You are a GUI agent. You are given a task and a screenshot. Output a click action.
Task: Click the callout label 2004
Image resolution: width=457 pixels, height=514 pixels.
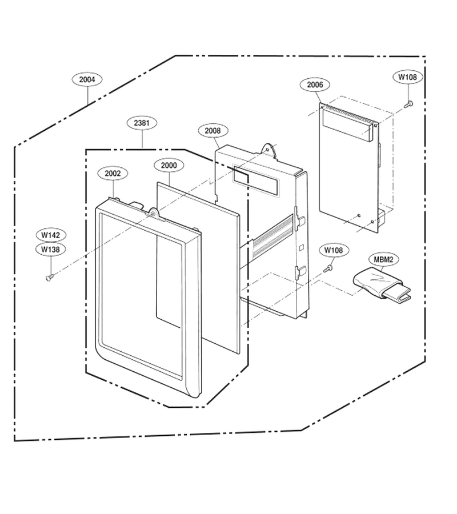tap(87, 79)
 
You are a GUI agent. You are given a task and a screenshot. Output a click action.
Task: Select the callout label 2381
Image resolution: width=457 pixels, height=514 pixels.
tap(142, 123)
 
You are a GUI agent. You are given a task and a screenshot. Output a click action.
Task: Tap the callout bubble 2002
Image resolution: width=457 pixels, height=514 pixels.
tap(113, 174)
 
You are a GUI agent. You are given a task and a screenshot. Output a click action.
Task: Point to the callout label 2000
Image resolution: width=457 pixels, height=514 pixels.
tap(169, 165)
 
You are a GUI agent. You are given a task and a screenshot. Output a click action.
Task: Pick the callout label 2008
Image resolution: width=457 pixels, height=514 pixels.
tap(213, 131)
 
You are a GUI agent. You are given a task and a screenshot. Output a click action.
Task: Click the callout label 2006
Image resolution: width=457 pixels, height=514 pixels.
tap(315, 85)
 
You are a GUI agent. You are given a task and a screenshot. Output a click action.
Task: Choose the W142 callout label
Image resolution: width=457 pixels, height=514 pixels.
tap(50, 235)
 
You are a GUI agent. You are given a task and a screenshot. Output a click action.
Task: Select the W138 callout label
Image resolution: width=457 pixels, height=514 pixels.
tap(50, 250)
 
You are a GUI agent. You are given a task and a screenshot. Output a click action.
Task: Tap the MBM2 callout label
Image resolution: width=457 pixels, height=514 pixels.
tap(383, 260)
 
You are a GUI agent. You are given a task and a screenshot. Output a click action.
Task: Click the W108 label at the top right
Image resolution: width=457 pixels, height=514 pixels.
tap(407, 77)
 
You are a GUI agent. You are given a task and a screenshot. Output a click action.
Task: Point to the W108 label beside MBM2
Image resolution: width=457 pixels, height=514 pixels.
tap(334, 251)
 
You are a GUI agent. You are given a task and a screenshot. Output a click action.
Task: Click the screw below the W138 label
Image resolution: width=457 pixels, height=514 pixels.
tap(50, 278)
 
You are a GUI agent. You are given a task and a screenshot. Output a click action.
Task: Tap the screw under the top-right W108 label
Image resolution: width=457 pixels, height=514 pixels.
tap(409, 105)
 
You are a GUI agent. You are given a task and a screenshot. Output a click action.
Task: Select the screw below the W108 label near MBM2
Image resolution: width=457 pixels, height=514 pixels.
tap(328, 269)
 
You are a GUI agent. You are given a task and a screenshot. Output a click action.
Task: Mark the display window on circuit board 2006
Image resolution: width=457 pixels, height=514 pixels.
tap(348, 126)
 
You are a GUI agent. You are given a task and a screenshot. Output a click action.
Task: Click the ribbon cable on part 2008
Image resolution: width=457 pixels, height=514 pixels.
tap(272, 235)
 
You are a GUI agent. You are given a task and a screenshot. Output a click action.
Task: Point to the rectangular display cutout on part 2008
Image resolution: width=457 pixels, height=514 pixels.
tap(256, 180)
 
